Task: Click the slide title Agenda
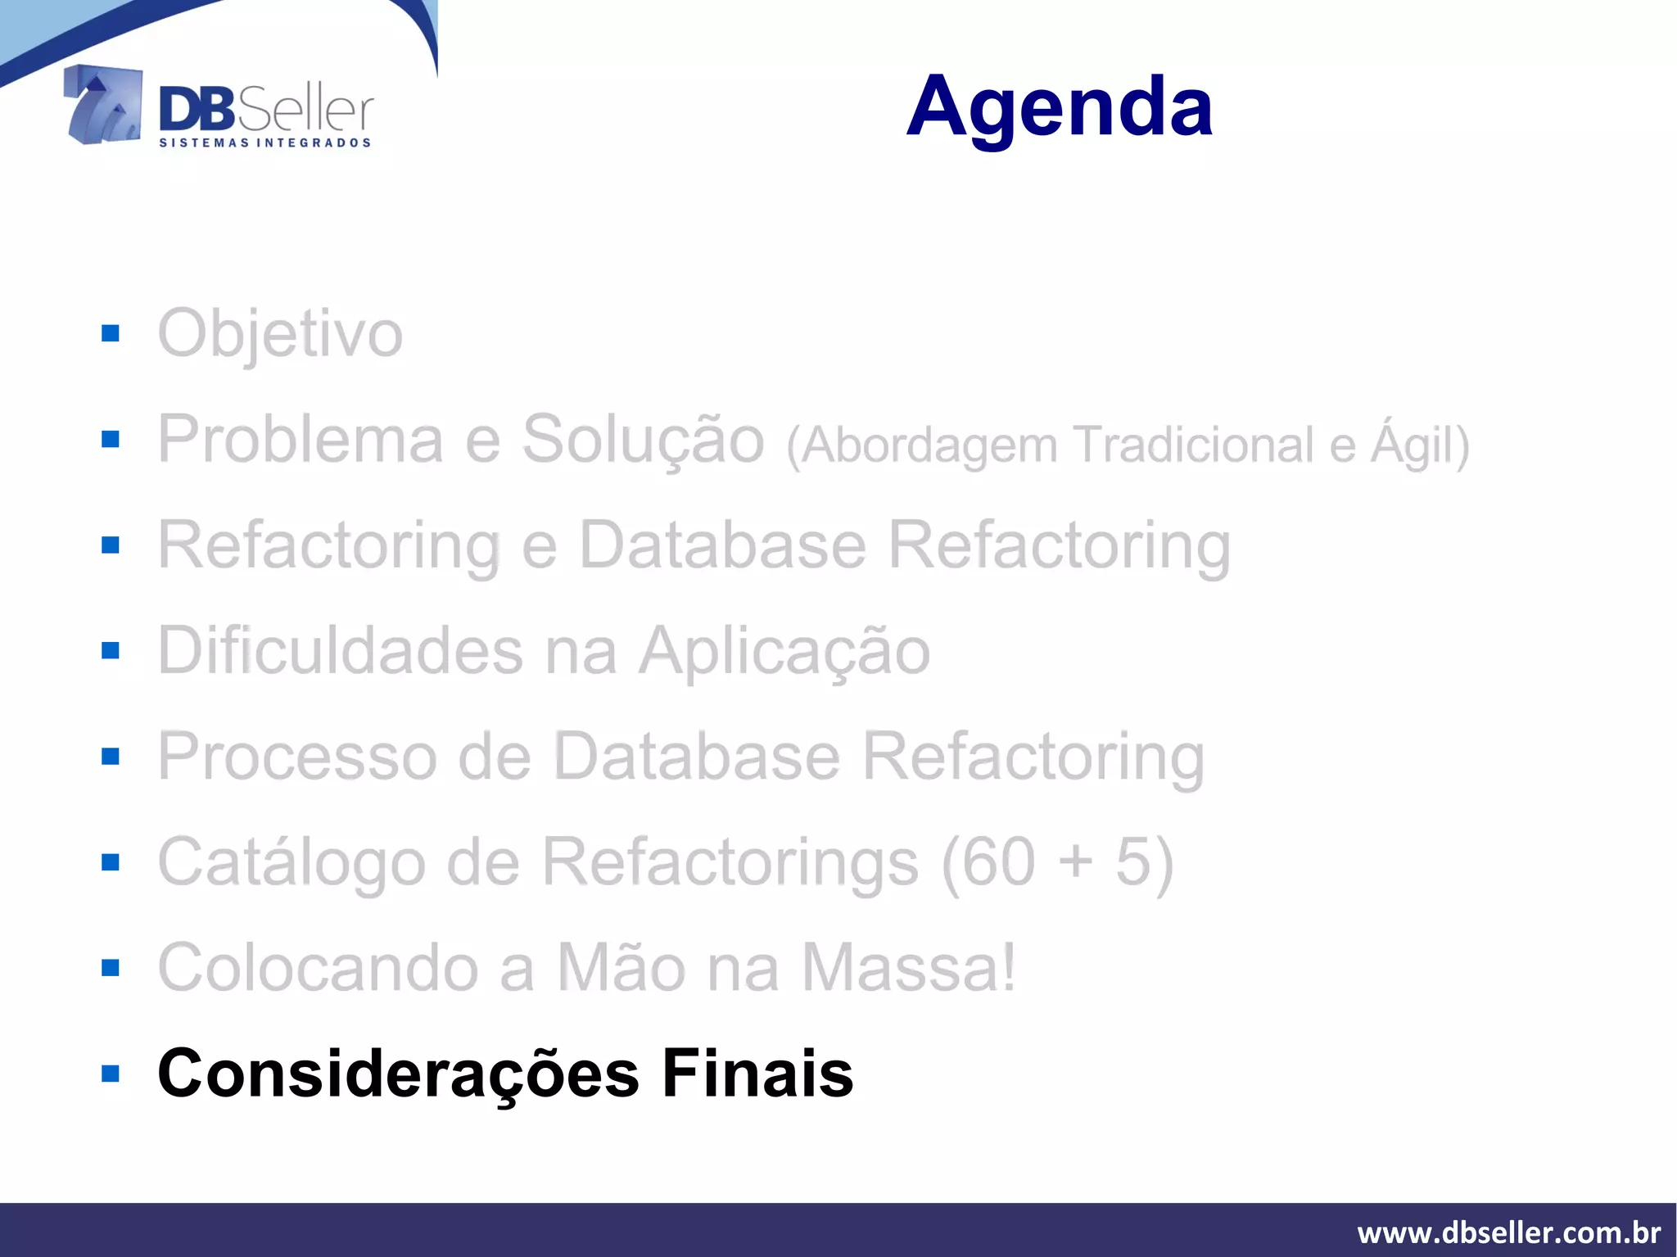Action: (x=1059, y=106)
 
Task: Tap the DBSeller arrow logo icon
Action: (x=103, y=105)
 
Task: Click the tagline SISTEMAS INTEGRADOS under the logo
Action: (x=264, y=142)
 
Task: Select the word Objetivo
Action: (x=280, y=334)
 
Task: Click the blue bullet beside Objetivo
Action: (x=111, y=333)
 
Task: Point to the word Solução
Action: (x=643, y=440)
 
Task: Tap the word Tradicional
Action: (x=1195, y=445)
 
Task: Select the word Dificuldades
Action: (x=340, y=651)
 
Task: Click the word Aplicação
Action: (x=784, y=651)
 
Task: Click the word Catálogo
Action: (x=292, y=862)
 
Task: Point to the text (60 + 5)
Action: (x=1057, y=862)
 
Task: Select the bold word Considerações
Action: (x=398, y=1074)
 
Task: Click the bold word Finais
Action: (x=757, y=1074)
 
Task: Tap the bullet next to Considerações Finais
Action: (x=111, y=1074)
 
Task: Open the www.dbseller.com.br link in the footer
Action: (x=1508, y=1232)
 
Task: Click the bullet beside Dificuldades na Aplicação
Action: (x=111, y=651)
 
